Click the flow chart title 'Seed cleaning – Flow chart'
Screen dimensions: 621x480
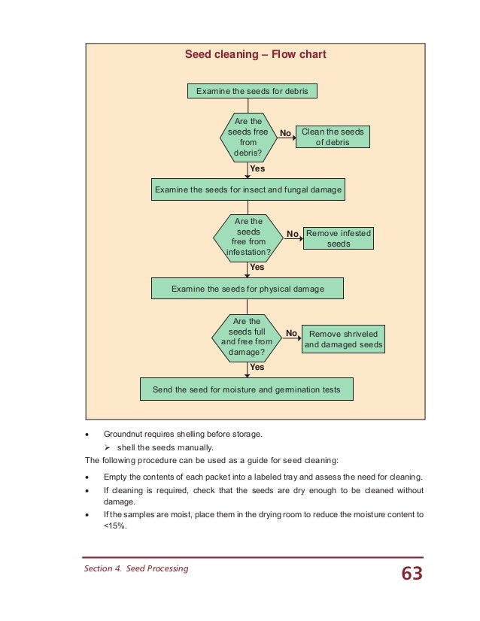tap(255, 55)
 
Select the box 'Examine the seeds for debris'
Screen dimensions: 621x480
tap(251, 91)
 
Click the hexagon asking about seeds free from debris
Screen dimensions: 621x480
tap(248, 136)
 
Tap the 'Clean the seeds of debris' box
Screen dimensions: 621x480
tap(332, 137)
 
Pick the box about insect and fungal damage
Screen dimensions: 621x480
tap(248, 190)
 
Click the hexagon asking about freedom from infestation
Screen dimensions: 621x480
tap(248, 237)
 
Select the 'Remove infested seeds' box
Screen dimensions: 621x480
tap(339, 238)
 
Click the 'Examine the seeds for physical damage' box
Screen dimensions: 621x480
tap(248, 289)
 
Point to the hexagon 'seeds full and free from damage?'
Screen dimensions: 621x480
tap(248, 336)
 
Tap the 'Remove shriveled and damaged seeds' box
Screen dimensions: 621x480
tap(343, 339)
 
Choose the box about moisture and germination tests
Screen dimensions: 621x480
tap(247, 389)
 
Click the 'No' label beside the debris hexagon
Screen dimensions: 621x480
tap(285, 133)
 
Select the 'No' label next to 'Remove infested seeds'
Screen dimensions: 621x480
tap(292, 234)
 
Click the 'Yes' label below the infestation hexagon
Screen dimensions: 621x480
tap(257, 267)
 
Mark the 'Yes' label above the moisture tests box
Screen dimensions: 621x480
tap(257, 368)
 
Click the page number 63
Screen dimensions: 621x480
tap(412, 574)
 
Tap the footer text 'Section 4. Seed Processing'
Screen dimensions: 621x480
tap(135, 568)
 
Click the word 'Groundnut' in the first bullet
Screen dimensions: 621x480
tap(124, 435)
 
